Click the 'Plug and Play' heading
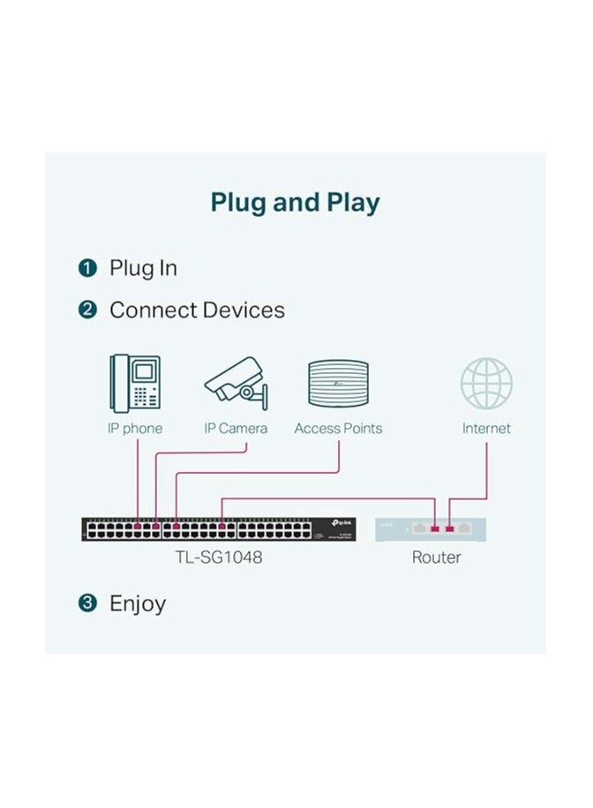pos(295,202)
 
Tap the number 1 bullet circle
pos(86,268)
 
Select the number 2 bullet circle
pos(86,310)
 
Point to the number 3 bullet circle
pos(86,604)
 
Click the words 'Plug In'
pos(143,268)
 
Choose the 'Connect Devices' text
pos(197,310)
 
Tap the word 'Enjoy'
pos(137,604)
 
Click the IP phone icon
pos(135,382)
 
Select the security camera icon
pos(235,382)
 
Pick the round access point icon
pos(338,384)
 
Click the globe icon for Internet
pos(486,383)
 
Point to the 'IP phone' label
pos(135,429)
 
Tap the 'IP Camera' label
pos(236,429)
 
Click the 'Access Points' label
pos(338,429)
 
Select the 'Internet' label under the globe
pos(486,429)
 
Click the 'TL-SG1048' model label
pos(218,557)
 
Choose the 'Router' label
pos(436,557)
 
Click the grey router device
pos(431,529)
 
